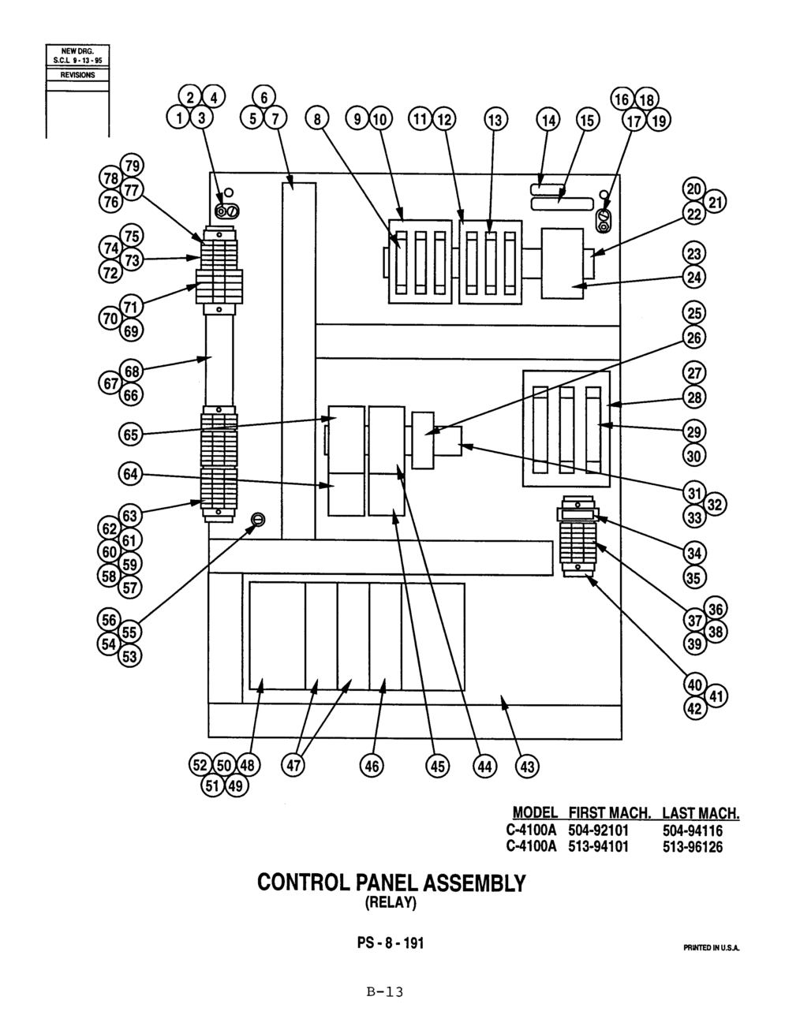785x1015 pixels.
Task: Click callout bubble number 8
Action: (x=317, y=119)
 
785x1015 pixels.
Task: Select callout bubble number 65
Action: (x=130, y=435)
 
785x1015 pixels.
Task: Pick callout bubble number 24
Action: (x=694, y=277)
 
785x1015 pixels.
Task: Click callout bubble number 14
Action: (x=548, y=120)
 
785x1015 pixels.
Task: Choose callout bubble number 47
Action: (x=293, y=766)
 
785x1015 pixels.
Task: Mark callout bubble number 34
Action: (x=694, y=554)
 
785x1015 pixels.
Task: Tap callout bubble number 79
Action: (x=133, y=166)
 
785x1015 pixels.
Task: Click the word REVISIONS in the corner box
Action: (x=77, y=75)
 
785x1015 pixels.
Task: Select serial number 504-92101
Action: (x=599, y=830)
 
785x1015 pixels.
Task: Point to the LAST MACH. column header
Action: (x=701, y=813)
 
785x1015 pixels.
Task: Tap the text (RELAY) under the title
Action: (x=391, y=902)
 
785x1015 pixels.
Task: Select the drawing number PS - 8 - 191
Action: (x=391, y=942)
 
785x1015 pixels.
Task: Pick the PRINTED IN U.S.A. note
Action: (x=712, y=948)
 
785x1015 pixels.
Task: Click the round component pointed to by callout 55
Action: (x=258, y=519)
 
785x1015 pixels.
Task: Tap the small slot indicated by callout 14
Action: (x=548, y=189)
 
